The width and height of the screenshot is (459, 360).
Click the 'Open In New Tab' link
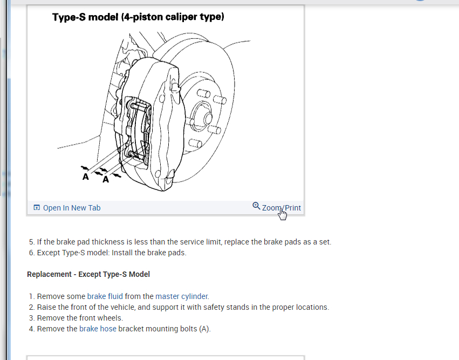pyautogui.click(x=71, y=208)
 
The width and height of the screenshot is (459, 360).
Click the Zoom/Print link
pyautogui.click(x=281, y=208)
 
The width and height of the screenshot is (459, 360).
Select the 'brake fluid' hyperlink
pyautogui.click(x=105, y=296)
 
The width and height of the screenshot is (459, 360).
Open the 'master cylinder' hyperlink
pyautogui.click(x=181, y=296)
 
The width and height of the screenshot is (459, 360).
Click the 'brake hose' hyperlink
pyautogui.click(x=98, y=329)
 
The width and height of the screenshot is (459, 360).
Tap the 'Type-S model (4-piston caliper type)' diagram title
pyautogui.click(x=138, y=17)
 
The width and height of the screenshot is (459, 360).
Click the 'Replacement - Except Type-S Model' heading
pyautogui.click(x=88, y=274)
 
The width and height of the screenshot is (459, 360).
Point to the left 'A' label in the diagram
pyautogui.click(x=85, y=176)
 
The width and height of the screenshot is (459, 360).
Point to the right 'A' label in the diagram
pyautogui.click(x=106, y=180)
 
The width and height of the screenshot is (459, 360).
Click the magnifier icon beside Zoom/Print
pyautogui.click(x=256, y=206)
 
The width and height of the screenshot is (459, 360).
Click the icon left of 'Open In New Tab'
pyautogui.click(x=37, y=208)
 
